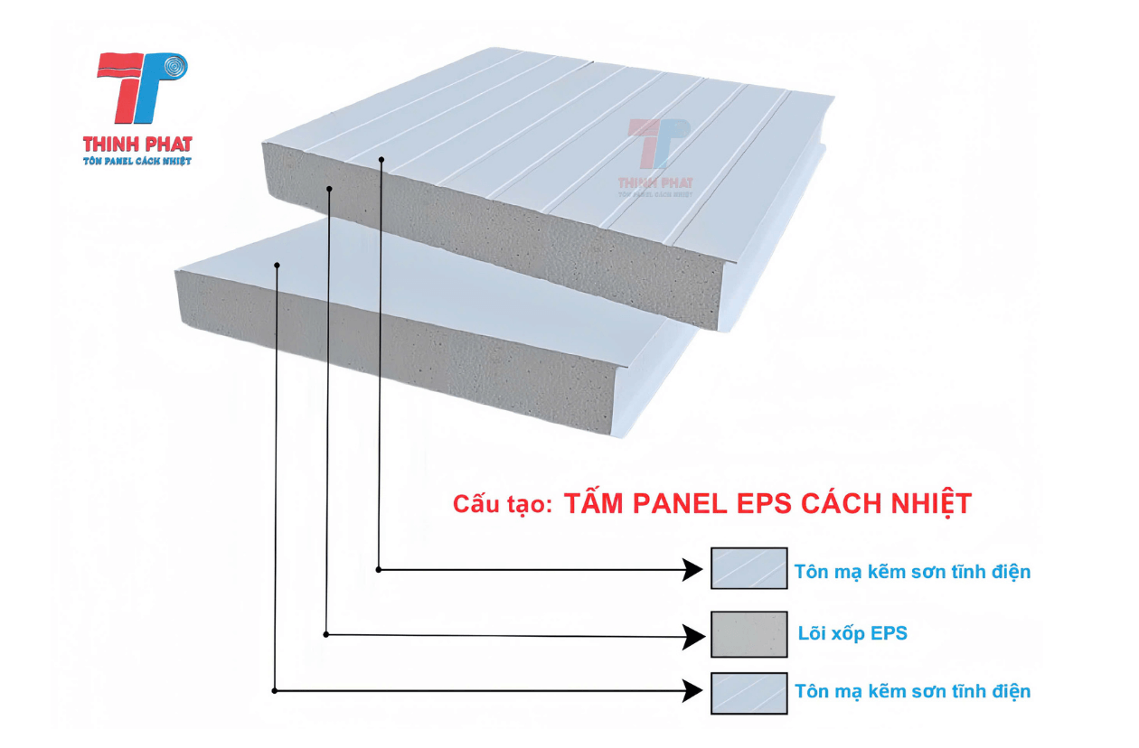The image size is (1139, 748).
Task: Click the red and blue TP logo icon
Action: [x=145, y=89]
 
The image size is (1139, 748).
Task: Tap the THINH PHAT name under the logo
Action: [x=137, y=144]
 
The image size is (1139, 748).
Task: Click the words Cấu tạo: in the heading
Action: [x=502, y=506]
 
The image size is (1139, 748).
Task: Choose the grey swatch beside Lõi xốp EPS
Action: [x=748, y=634]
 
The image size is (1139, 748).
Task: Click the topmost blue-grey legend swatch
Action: [x=748, y=568]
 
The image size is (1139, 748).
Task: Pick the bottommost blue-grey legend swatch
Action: [x=748, y=693]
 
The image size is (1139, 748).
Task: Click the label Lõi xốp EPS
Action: [x=852, y=633]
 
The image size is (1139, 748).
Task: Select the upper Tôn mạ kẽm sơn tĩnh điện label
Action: [x=912, y=572]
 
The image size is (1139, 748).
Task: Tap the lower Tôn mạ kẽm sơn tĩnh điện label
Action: [x=912, y=692]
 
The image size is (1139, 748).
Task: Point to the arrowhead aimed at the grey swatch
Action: [x=693, y=636]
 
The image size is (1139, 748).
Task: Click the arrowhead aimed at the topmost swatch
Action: [x=693, y=569]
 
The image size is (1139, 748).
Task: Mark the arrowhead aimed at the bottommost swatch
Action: [x=693, y=691]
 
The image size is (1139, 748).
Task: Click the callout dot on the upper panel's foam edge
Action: [x=330, y=189]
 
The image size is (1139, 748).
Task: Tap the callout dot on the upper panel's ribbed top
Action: [x=381, y=160]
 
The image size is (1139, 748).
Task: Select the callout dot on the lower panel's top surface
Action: [x=278, y=265]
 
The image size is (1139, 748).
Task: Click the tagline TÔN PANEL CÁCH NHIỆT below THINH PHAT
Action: [x=136, y=161]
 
